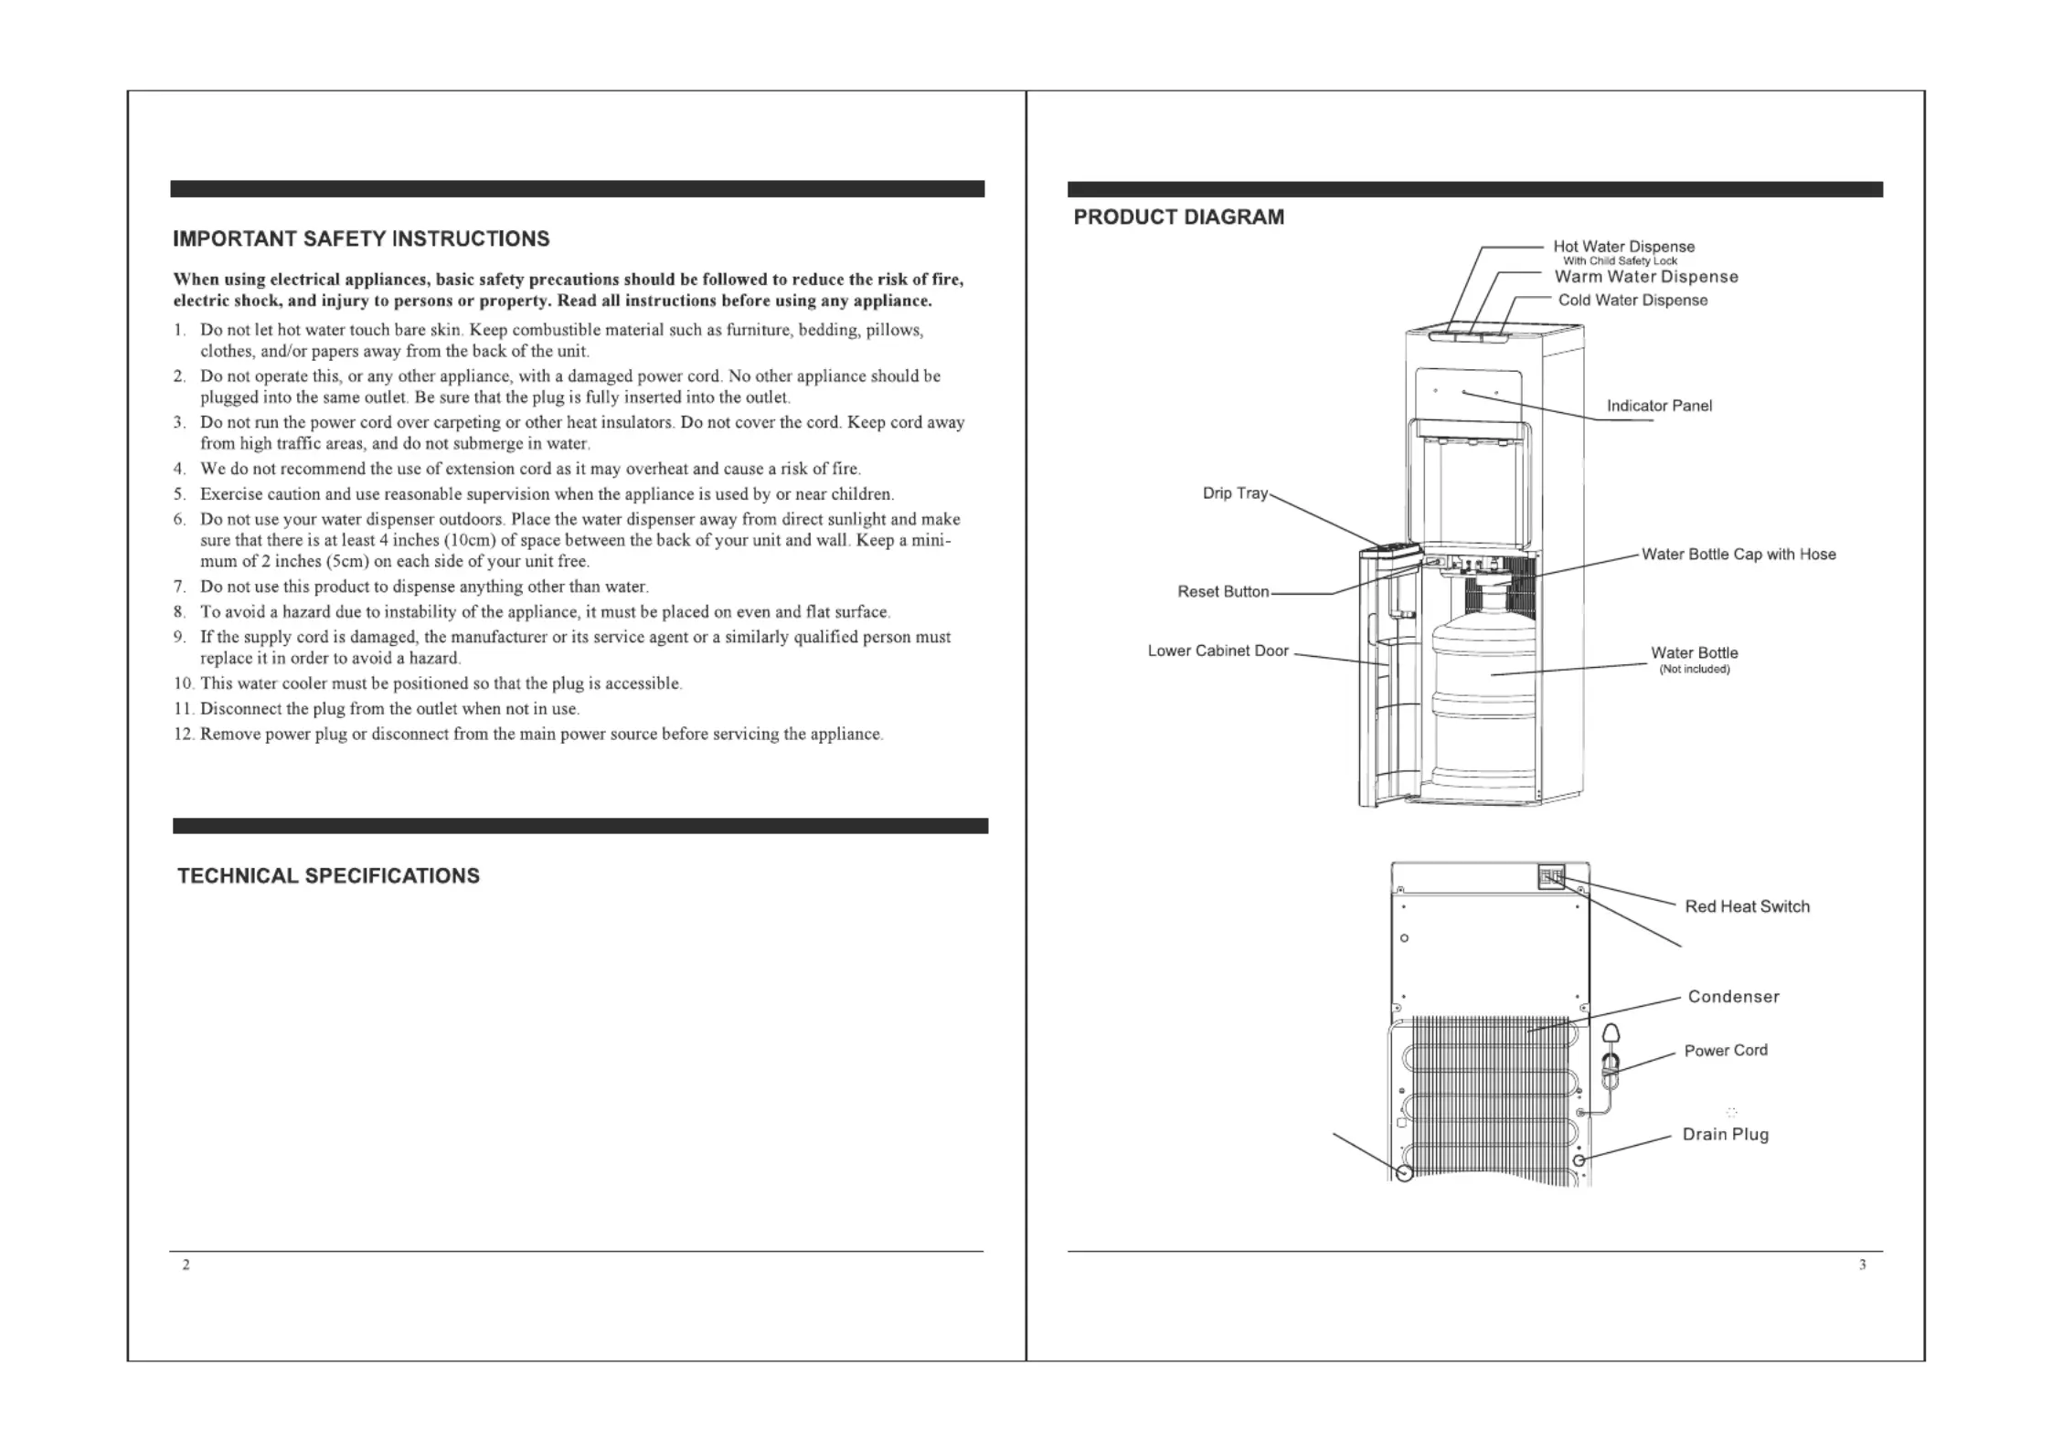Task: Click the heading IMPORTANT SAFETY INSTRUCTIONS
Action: (x=361, y=239)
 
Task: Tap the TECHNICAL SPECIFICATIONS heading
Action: (x=328, y=876)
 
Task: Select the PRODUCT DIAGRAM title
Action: (x=1178, y=217)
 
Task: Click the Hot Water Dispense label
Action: (x=1623, y=247)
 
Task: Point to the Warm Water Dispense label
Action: (x=1646, y=277)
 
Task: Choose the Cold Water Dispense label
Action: (x=1632, y=301)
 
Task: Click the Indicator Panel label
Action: (x=1659, y=407)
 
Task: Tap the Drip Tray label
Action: (x=1235, y=493)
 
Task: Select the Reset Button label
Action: (x=1223, y=592)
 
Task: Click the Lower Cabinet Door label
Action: (x=1217, y=651)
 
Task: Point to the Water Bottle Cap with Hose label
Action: (x=1738, y=555)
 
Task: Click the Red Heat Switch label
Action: (x=1747, y=906)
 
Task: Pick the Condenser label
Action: (x=1733, y=997)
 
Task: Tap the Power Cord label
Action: (x=1726, y=1051)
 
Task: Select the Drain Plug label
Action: (x=1725, y=1135)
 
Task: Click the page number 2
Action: (x=186, y=1265)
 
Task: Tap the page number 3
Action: (x=1862, y=1265)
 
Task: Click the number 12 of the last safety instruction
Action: (x=183, y=735)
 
